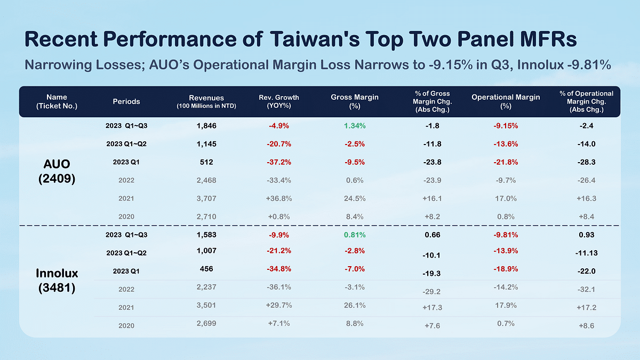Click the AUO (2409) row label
click(x=57, y=171)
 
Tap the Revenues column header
click(x=206, y=101)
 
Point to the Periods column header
click(x=126, y=101)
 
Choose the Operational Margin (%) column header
click(x=506, y=101)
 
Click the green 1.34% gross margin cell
click(x=355, y=126)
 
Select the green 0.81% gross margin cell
click(x=355, y=235)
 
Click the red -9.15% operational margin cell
click(x=505, y=126)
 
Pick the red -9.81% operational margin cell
click(x=505, y=235)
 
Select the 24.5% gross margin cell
click(x=355, y=198)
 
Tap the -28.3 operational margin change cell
click(x=586, y=162)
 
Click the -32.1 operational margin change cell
click(x=586, y=290)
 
